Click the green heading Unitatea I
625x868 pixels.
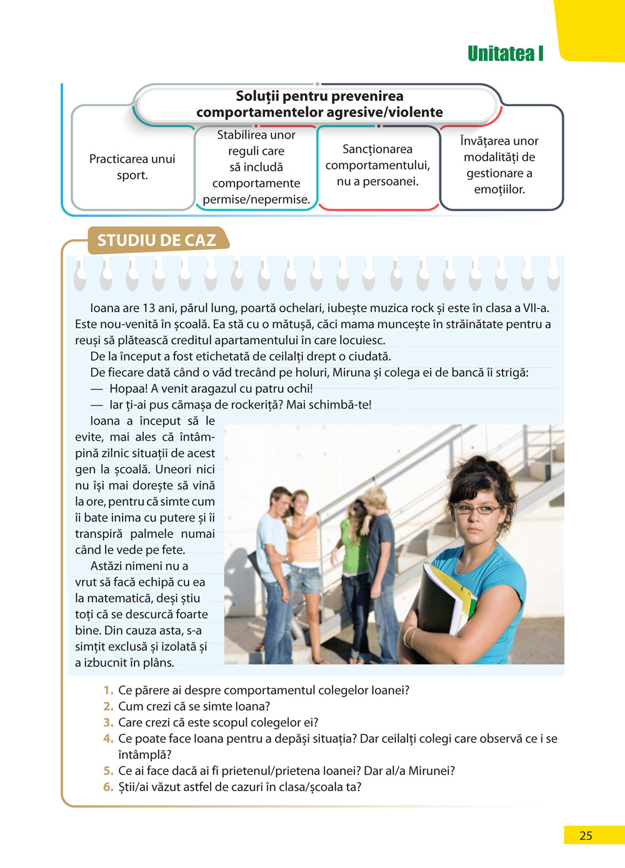[505, 54]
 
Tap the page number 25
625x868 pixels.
[586, 836]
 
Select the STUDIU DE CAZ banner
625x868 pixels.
[156, 240]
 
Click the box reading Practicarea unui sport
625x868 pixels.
[132, 167]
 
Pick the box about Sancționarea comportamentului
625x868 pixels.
[377, 165]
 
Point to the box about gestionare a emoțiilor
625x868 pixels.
[499, 165]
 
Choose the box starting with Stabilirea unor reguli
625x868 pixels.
[256, 167]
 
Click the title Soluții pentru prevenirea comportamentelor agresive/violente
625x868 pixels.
[319, 104]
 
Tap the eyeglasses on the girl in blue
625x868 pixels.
[477, 509]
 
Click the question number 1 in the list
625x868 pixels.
[108, 690]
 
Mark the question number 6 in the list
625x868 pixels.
[108, 787]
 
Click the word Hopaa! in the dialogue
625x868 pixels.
[128, 388]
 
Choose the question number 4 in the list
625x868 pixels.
[108, 739]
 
